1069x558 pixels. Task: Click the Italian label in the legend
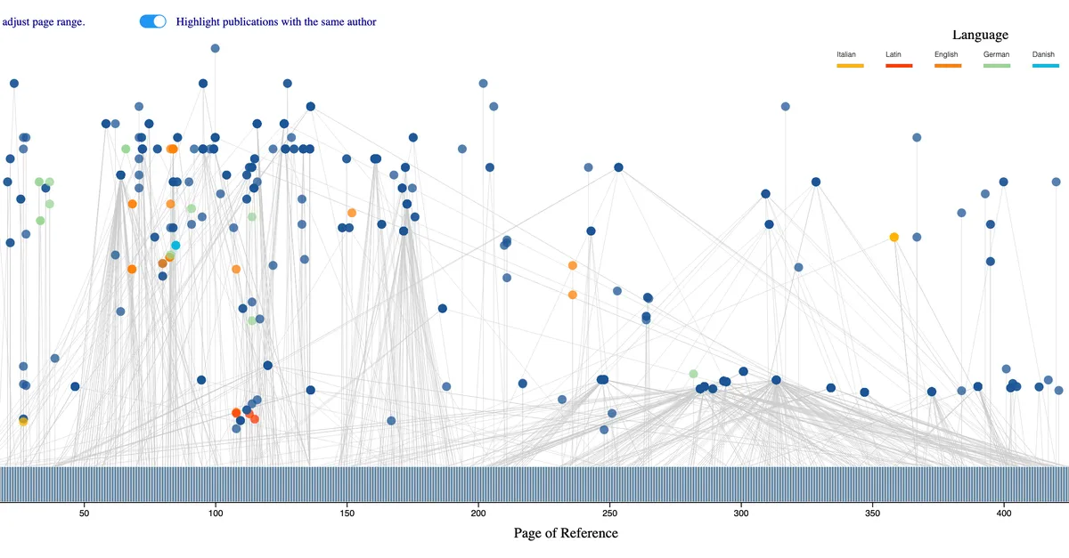coord(845,54)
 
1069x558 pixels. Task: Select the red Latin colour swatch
coord(899,66)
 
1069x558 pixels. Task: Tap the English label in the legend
coord(946,54)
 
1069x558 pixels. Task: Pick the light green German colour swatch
coord(997,66)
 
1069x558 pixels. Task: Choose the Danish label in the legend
coord(1043,54)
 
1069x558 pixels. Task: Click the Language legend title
coord(980,35)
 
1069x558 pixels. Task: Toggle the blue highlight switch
coord(153,21)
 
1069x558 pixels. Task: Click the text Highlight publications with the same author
coord(276,21)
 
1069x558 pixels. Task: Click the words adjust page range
coord(44,21)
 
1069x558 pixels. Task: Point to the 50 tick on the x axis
coord(85,513)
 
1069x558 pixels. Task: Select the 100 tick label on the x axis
coord(216,513)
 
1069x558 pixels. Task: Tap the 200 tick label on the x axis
coord(478,513)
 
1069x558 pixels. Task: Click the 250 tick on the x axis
coord(609,513)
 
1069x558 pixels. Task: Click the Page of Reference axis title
coord(565,533)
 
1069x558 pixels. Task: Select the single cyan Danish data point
coord(175,245)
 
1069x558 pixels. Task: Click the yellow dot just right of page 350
coord(894,237)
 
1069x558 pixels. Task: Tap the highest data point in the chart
coord(215,48)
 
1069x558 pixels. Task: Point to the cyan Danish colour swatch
coord(1046,66)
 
